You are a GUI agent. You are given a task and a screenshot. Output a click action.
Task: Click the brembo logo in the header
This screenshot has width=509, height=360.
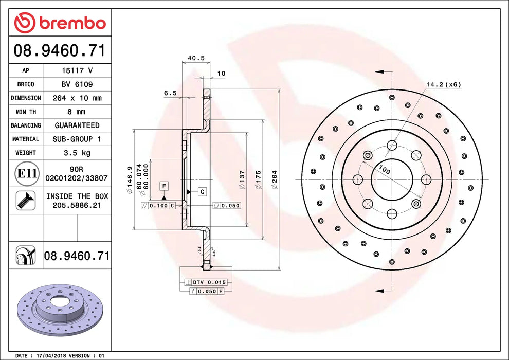60,23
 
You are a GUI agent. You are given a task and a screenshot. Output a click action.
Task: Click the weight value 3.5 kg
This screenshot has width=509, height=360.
77,153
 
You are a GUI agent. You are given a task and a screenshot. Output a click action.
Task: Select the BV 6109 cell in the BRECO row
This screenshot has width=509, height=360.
77,84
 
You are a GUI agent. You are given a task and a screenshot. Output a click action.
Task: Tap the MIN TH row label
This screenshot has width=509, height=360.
26,112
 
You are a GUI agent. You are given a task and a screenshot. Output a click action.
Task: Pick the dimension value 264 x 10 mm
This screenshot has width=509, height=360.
77,98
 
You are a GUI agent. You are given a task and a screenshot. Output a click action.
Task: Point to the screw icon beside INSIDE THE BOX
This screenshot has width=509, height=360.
24,200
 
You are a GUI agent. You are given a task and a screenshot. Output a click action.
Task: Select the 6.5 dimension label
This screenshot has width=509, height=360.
170,93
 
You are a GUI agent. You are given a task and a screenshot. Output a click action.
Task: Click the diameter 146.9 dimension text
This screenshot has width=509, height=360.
130,179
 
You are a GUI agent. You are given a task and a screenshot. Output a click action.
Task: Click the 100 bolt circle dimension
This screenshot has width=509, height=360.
384,170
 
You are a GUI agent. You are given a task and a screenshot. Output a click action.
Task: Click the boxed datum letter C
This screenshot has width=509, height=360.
203,192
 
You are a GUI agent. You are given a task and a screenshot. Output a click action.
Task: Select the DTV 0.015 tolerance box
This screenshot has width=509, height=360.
208,282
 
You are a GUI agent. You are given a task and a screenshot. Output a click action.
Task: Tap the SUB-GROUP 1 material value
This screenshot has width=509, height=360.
77,139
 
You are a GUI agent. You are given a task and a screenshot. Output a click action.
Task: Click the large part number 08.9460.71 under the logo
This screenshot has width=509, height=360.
60,51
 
